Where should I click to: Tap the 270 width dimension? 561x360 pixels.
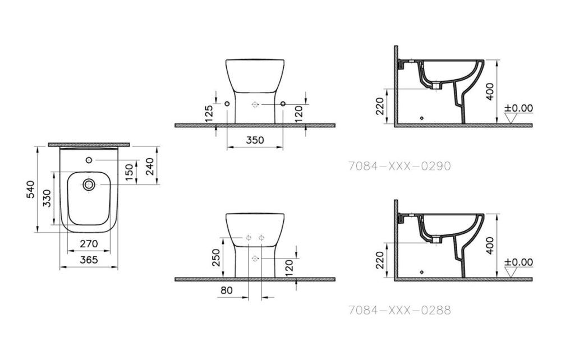tap(89, 244)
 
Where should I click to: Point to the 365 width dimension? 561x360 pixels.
tap(89, 260)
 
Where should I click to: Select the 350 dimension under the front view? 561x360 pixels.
tap(255, 141)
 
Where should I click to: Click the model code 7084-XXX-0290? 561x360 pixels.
tap(399, 166)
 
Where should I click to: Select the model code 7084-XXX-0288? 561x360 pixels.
tap(399, 310)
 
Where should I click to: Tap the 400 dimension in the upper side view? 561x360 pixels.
tap(490, 90)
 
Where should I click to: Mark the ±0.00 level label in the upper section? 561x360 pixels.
tap(518, 108)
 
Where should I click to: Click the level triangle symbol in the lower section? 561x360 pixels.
tap(511, 271)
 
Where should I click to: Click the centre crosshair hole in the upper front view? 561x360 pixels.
tap(255, 104)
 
